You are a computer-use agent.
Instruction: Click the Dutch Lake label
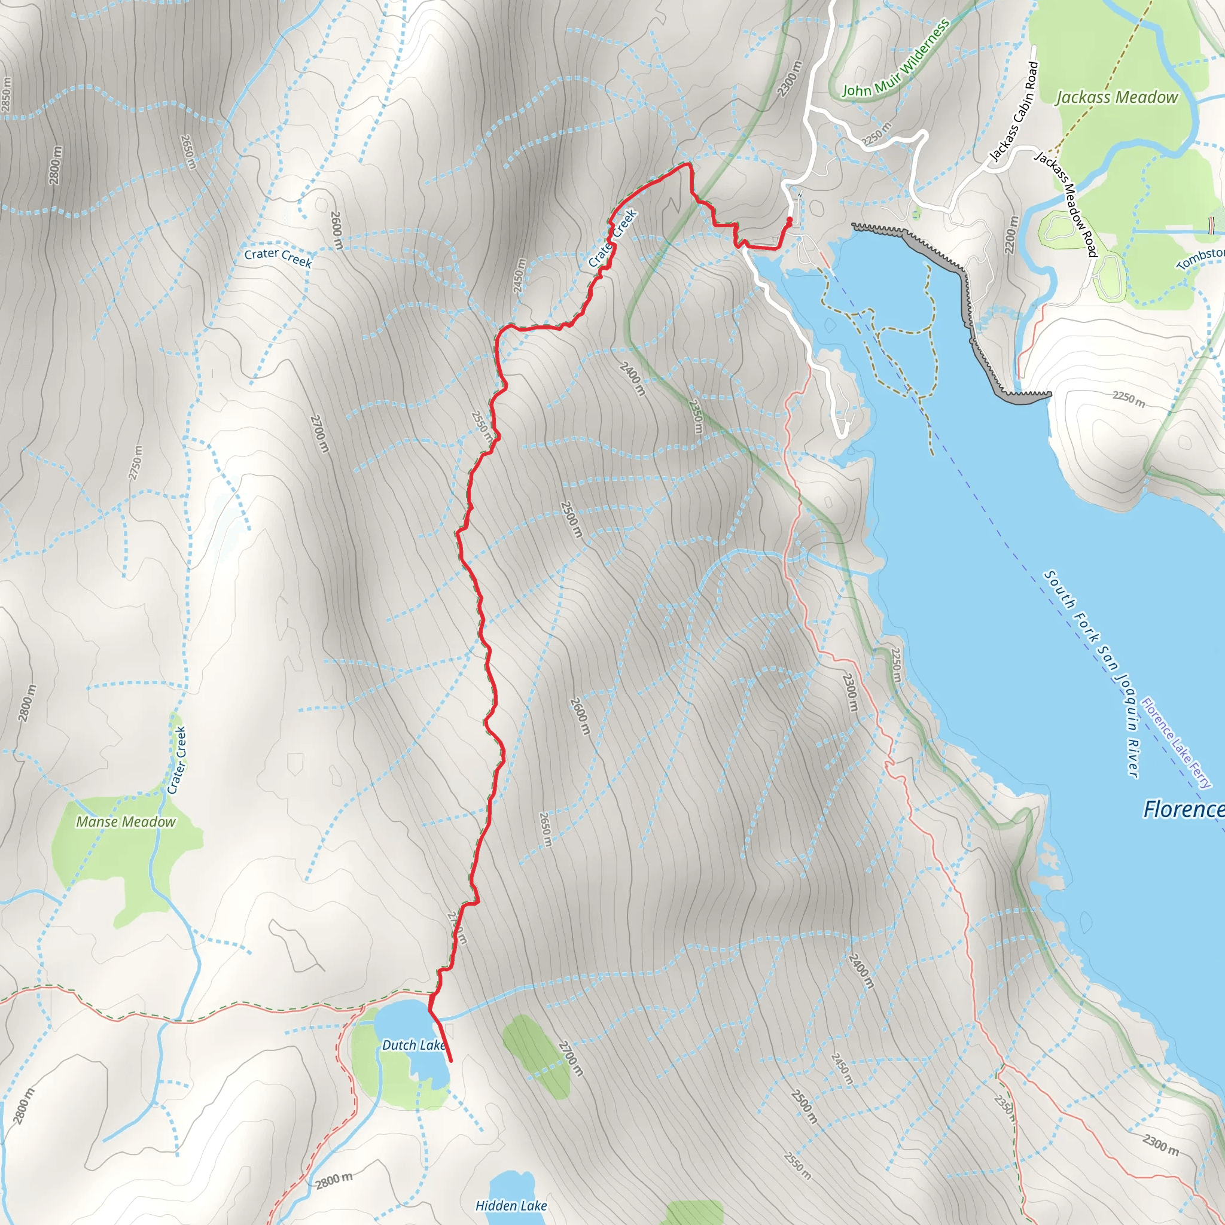413,1045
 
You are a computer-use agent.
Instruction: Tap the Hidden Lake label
511,1205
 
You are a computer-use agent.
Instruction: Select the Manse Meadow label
126,822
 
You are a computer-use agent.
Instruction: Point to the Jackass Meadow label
1116,97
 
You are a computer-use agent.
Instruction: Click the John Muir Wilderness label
895,59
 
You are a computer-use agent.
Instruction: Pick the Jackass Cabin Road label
1014,111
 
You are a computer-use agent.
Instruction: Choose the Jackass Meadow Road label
1066,203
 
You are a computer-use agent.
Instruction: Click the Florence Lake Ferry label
1176,743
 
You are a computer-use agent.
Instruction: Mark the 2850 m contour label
7,95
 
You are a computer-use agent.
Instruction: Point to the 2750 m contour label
135,463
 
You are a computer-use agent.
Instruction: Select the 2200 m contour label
1011,234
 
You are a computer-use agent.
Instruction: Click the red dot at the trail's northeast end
790,220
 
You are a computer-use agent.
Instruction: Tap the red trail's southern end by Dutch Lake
451,1060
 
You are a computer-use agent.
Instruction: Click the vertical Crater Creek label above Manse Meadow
177,760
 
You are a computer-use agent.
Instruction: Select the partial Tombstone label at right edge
1200,257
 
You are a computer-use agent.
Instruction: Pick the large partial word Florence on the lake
1183,809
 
